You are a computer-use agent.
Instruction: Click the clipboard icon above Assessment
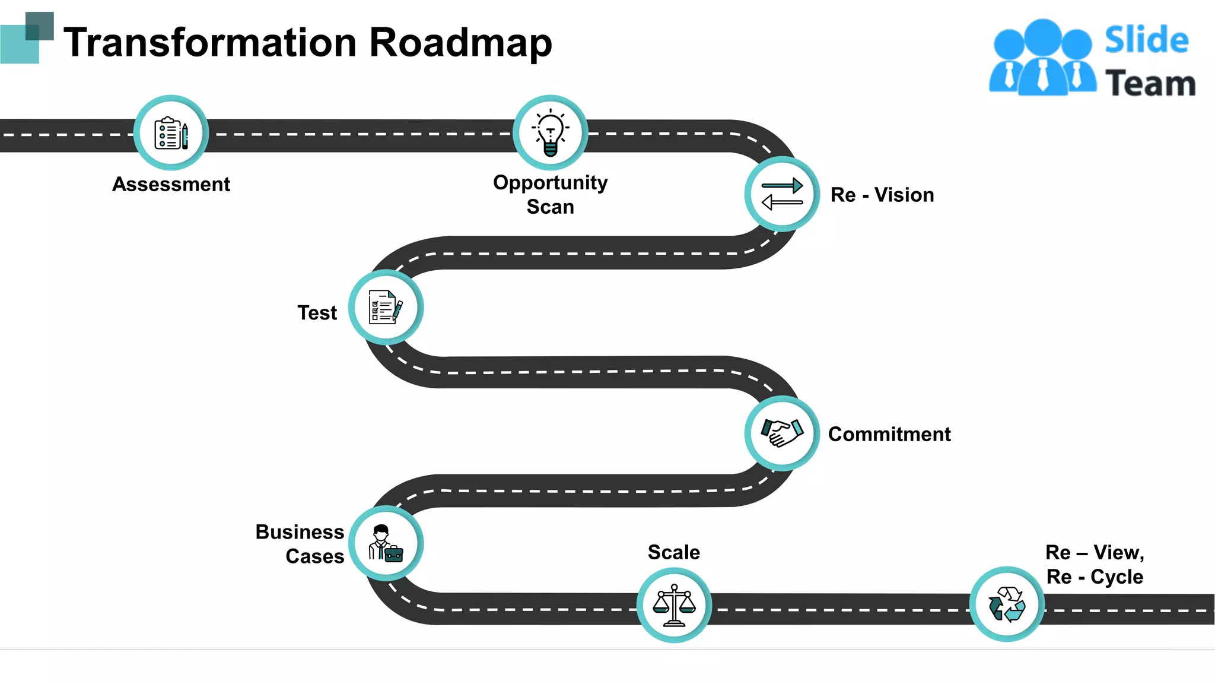tap(171, 133)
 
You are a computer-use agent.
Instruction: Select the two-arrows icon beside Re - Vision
tap(782, 194)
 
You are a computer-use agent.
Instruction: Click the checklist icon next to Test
tap(386, 307)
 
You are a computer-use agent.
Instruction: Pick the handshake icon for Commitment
tap(782, 433)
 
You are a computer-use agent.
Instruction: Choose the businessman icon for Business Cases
tap(386, 543)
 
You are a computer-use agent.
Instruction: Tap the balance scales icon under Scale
tap(674, 605)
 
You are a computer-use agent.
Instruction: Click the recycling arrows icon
tap(1007, 604)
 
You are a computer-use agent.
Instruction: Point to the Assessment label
tap(171, 184)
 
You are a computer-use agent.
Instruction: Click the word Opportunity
tap(550, 182)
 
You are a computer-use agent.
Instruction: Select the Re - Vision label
tap(882, 195)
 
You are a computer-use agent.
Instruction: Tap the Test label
tap(317, 312)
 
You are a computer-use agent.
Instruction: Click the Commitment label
tap(889, 434)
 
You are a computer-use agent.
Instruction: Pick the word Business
tap(300, 531)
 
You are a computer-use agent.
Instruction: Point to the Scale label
tap(673, 552)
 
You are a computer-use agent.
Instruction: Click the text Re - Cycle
tap(1095, 577)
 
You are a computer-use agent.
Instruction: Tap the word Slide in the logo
tap(1146, 40)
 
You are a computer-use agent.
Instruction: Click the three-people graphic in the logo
tap(1042, 58)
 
